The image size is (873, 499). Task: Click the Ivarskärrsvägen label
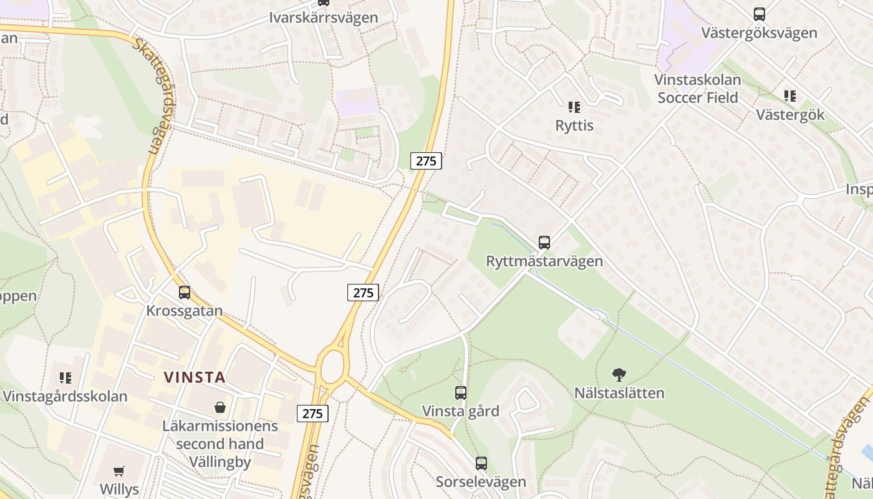tap(323, 17)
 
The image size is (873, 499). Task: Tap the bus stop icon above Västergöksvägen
tap(759, 14)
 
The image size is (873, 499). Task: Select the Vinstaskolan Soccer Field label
tap(697, 89)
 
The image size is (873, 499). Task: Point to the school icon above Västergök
tap(789, 96)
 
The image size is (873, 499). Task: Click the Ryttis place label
tap(574, 125)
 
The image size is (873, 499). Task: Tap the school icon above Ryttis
tap(574, 107)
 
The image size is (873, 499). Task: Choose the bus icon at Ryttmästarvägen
tap(544, 243)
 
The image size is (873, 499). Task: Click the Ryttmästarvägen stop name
tap(544, 261)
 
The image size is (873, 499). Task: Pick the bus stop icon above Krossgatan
tap(184, 292)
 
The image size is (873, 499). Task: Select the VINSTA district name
tap(194, 377)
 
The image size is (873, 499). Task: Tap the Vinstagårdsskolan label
tap(65, 396)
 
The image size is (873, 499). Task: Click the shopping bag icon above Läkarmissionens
tap(219, 408)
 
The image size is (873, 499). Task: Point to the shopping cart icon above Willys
tap(118, 471)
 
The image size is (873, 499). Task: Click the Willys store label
tap(118, 488)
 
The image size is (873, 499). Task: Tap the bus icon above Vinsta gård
tap(460, 393)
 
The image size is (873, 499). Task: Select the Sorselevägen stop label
tap(481, 482)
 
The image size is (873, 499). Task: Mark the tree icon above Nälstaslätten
tap(619, 375)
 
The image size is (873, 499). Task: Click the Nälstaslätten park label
tap(619, 394)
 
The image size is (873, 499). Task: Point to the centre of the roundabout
tap(332, 367)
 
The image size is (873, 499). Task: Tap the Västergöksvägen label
tap(759, 32)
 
